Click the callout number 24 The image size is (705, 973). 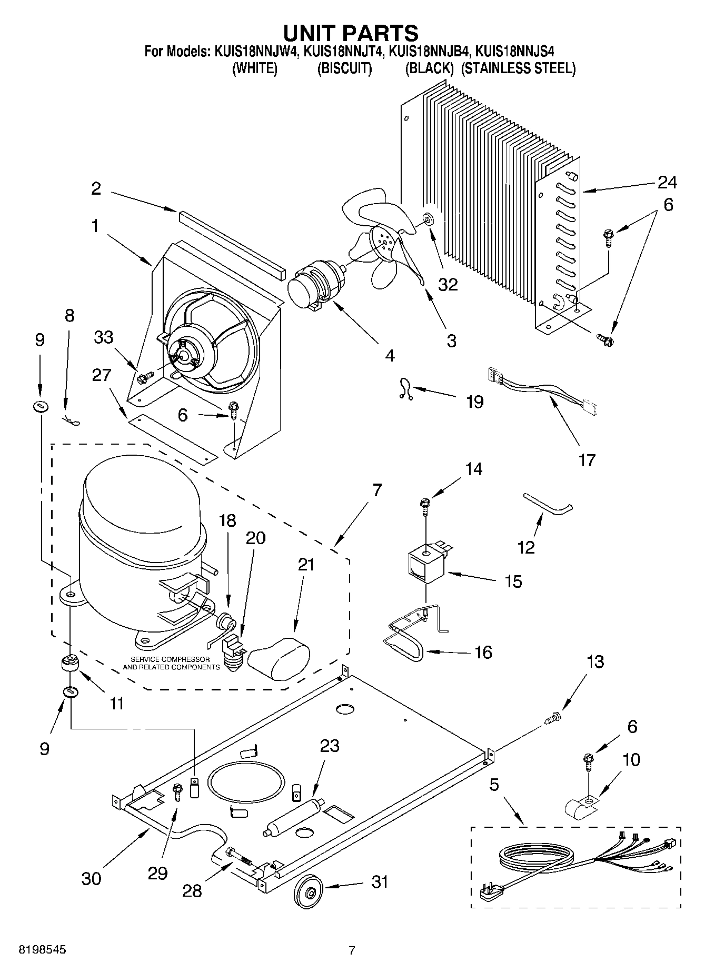point(667,182)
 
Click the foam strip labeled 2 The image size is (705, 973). point(232,245)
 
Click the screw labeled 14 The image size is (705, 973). point(425,505)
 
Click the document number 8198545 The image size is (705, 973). point(35,950)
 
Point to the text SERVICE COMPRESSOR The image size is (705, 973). point(170,659)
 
